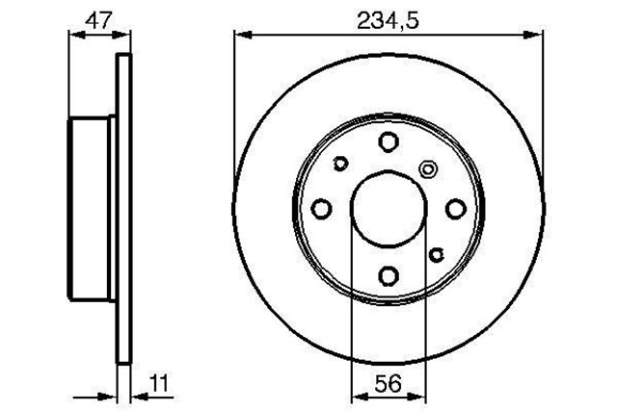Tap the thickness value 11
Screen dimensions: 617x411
(158, 385)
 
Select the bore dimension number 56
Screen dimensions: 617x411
(388, 385)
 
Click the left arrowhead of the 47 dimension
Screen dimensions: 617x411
(77, 36)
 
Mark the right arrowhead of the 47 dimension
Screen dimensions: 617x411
(121, 36)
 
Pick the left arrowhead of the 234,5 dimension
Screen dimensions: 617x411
(243, 36)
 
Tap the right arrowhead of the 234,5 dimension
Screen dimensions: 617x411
(534, 36)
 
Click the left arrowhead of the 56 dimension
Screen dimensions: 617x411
(359, 397)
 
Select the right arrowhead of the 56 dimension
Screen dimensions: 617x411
(417, 397)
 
